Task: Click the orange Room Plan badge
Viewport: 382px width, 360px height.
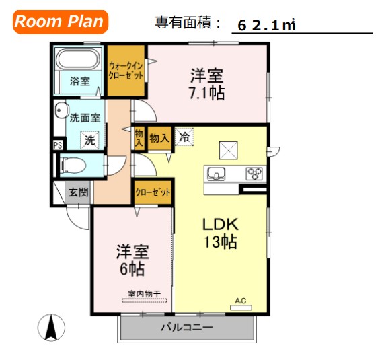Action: (x=59, y=22)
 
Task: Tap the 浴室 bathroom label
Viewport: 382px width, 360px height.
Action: (x=79, y=81)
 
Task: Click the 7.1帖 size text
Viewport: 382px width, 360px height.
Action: (x=206, y=93)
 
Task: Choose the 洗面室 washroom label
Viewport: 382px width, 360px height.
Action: (x=85, y=118)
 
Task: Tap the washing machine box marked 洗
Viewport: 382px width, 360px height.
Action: (x=89, y=141)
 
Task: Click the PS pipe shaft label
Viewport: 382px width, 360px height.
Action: (x=58, y=145)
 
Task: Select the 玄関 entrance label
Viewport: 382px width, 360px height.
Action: (x=77, y=192)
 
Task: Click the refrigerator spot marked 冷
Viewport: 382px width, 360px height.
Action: (x=184, y=137)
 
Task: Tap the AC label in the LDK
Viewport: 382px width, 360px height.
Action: (x=240, y=300)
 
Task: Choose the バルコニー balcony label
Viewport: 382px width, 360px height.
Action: (x=186, y=328)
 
